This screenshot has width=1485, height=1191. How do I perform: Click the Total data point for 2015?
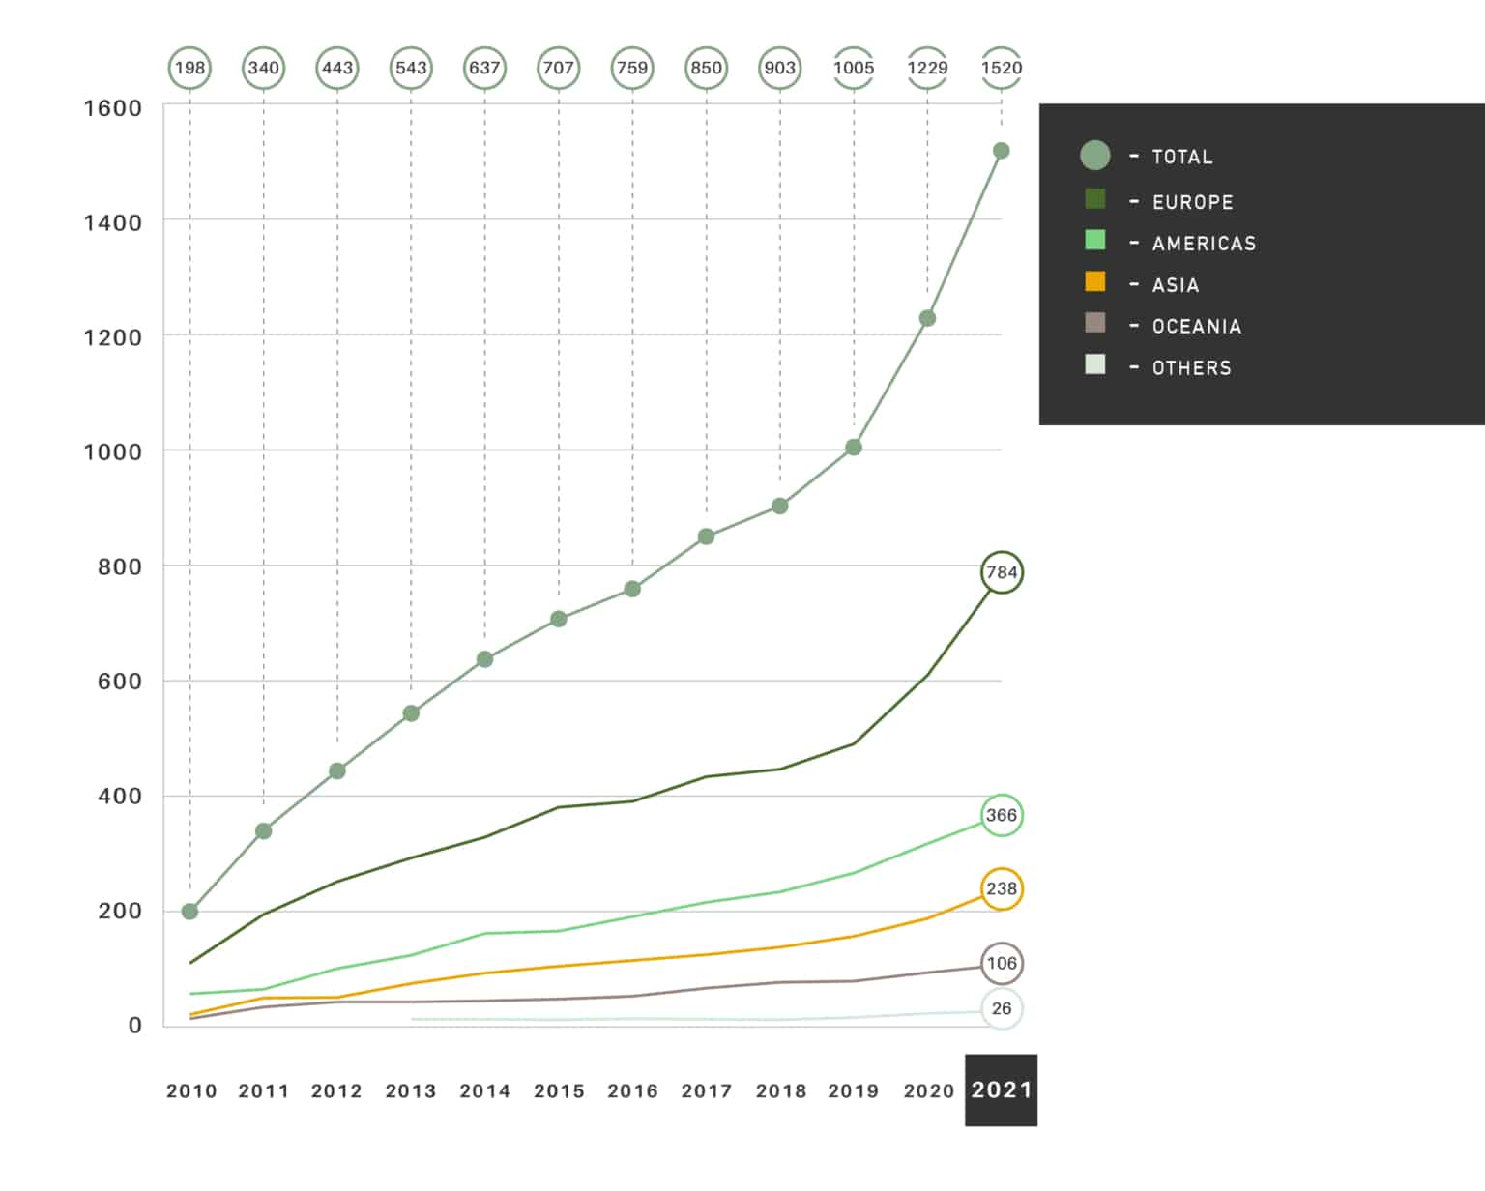[559, 619]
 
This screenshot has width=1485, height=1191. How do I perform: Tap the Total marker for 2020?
[927, 318]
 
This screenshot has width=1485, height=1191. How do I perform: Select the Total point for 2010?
[190, 912]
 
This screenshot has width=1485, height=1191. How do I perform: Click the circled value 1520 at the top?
[1001, 68]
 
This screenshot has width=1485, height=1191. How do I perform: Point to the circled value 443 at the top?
[337, 68]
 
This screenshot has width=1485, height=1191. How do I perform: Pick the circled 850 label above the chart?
[706, 68]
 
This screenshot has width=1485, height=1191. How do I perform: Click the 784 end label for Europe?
[1002, 572]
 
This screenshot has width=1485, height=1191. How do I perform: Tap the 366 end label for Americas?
[1002, 815]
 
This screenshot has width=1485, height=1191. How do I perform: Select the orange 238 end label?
[1002, 888]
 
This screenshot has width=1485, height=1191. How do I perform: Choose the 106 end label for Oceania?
[1002, 963]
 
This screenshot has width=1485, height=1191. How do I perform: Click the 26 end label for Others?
[1002, 1008]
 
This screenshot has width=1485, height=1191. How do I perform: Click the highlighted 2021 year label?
[1002, 1090]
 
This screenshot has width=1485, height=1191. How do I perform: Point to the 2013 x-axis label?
[411, 1091]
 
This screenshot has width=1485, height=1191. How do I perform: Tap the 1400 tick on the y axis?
[113, 223]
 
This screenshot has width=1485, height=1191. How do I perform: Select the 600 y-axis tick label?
[120, 682]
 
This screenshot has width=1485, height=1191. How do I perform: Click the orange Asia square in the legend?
[1095, 281]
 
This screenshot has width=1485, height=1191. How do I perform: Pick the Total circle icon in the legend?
[1095, 156]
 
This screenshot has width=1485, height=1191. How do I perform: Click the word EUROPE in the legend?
[1193, 203]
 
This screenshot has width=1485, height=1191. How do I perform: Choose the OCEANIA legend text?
[1197, 327]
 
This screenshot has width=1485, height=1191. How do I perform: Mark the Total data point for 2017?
[706, 537]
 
